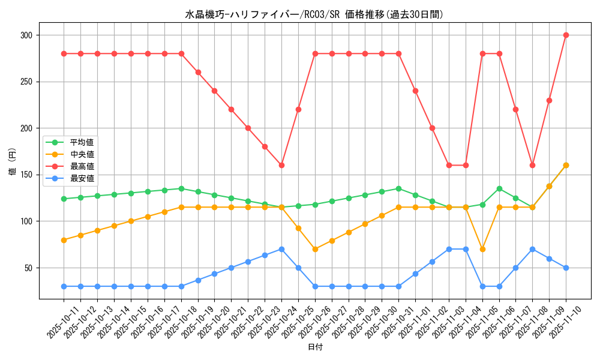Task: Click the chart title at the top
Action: tap(314, 14)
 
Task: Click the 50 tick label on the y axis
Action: tap(30, 268)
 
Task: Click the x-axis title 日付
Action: tap(314, 347)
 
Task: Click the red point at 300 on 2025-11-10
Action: tap(566, 35)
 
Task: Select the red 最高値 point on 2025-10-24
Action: tap(281, 165)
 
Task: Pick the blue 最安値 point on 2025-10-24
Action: tap(281, 249)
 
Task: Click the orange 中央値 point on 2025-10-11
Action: tap(64, 240)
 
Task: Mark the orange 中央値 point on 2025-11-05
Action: tap(482, 249)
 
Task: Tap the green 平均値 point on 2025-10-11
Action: tap(64, 199)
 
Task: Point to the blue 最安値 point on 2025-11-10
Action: tap(566, 268)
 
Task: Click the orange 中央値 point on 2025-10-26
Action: tap(315, 249)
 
